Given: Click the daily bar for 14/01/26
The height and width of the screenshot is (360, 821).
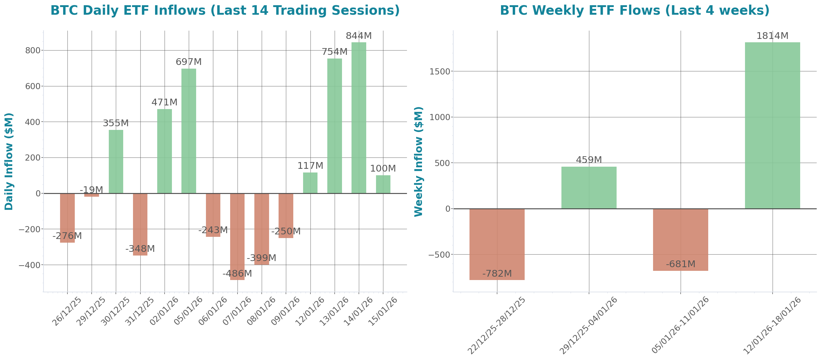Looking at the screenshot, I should tap(359, 118).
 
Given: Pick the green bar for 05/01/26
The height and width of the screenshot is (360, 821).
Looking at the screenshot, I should tap(189, 131).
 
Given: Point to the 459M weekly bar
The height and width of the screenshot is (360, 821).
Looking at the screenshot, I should tap(589, 188).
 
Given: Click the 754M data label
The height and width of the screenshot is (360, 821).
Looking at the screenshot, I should tap(334, 51).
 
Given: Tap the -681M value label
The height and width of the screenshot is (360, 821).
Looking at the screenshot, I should tap(680, 264).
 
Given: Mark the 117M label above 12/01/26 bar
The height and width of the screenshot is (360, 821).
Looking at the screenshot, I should tap(310, 166).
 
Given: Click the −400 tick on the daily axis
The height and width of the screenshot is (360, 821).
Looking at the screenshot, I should tap(29, 265).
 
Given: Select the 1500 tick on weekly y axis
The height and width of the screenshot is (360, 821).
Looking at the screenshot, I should tap(439, 71).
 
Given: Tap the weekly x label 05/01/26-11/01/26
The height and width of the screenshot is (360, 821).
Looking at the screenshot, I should tap(680, 325).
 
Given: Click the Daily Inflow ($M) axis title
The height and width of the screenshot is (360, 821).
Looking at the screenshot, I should tap(9, 161).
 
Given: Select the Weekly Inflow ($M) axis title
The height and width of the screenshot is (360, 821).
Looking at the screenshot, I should tap(418, 161).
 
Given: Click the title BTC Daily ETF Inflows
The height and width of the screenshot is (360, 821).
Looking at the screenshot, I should tap(225, 10).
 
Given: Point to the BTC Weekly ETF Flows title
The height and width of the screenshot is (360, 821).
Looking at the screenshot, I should tap(635, 10).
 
